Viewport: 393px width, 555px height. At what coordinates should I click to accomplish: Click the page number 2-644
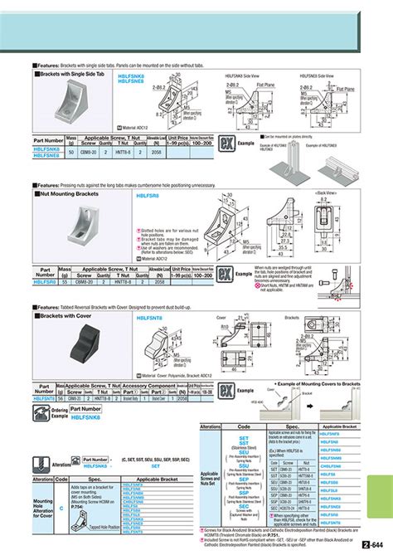(x=376, y=545)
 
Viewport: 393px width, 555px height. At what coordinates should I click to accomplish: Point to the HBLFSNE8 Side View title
(x=328, y=74)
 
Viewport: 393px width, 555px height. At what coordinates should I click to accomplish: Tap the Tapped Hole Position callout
(x=104, y=525)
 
